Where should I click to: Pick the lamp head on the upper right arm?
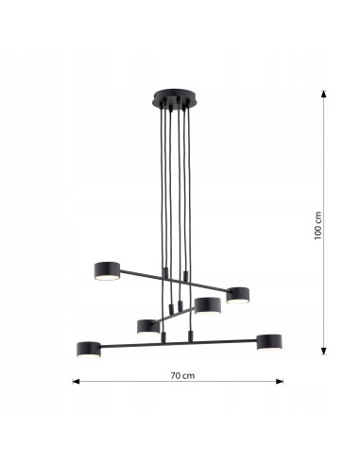pos(237,296)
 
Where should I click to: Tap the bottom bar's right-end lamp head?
pos(271,342)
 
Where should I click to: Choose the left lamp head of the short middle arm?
pos(147,326)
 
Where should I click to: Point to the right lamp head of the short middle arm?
pos(208,305)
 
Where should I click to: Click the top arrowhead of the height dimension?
pos(324,95)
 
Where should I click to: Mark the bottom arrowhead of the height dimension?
pos(324,356)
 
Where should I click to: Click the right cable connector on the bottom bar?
pos(192,335)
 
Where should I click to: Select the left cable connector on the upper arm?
pos(163,275)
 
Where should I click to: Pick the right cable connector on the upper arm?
pos(185,277)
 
